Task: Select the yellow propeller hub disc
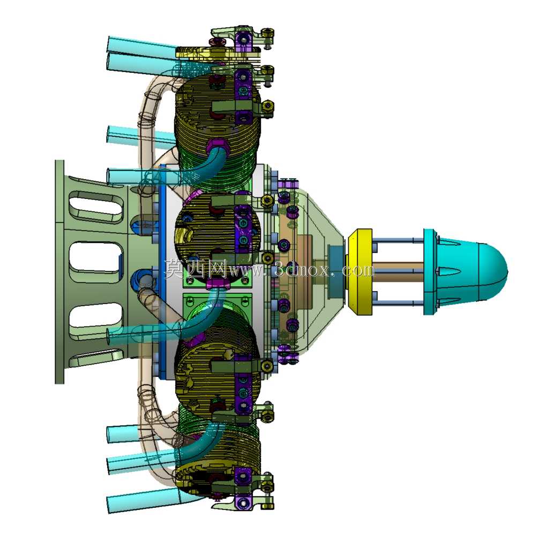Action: coord(360,272)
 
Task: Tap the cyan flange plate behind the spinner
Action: coord(430,272)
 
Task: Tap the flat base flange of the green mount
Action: coord(59,272)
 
